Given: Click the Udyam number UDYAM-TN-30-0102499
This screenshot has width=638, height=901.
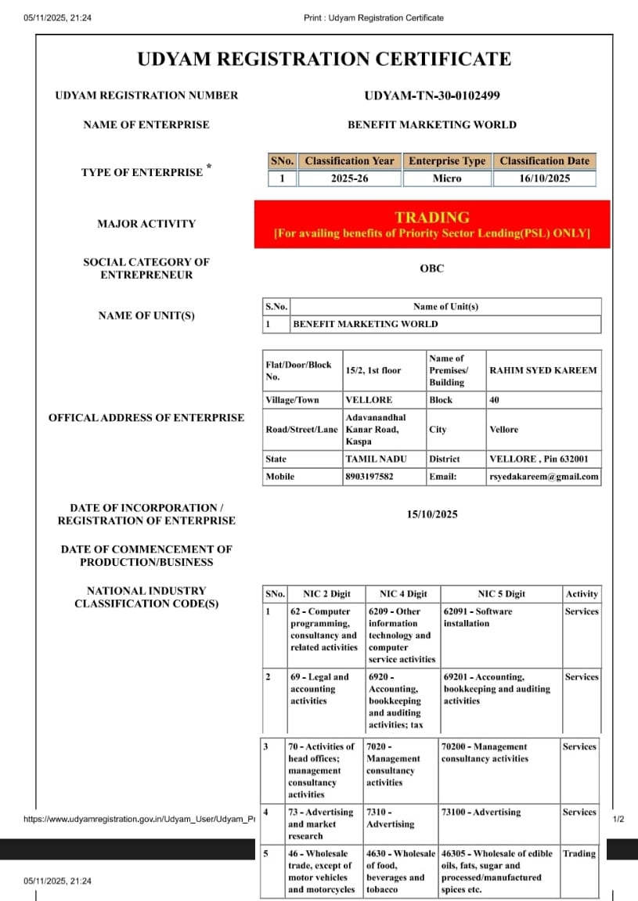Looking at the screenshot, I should pos(431,96).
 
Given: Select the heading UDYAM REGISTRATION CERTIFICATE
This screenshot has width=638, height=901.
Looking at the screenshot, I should pos(324,59).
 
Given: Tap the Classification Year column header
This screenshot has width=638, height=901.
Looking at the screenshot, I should pos(349,161).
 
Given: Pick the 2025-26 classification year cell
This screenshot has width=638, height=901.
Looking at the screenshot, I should pos(349,178).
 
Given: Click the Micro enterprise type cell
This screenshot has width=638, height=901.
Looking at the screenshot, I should pos(447,178).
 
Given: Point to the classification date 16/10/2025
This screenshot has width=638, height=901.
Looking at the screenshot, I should pos(544,178).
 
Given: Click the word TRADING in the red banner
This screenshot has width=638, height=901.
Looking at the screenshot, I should pos(431,218).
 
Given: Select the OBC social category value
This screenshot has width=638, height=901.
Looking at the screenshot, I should pos(431,268).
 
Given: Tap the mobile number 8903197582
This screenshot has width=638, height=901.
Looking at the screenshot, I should pos(369,476).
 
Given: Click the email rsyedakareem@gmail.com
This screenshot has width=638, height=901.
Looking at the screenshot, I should pos(544,476).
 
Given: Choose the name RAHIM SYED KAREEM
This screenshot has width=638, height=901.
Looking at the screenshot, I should pos(542,370).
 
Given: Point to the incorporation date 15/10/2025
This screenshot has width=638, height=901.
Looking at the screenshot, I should pos(431,514).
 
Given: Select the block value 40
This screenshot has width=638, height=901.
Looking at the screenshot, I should pos(495,400).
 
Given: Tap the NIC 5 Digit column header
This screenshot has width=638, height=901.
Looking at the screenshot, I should pos(501,594).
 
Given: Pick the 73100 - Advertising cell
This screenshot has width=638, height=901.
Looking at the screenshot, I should pos(481,813).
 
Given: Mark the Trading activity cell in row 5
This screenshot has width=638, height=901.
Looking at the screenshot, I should pos(579,854).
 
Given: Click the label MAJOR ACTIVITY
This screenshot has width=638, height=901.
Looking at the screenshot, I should pos(146,224).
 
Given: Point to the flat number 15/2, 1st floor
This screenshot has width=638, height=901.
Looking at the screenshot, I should pos(373,370).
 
